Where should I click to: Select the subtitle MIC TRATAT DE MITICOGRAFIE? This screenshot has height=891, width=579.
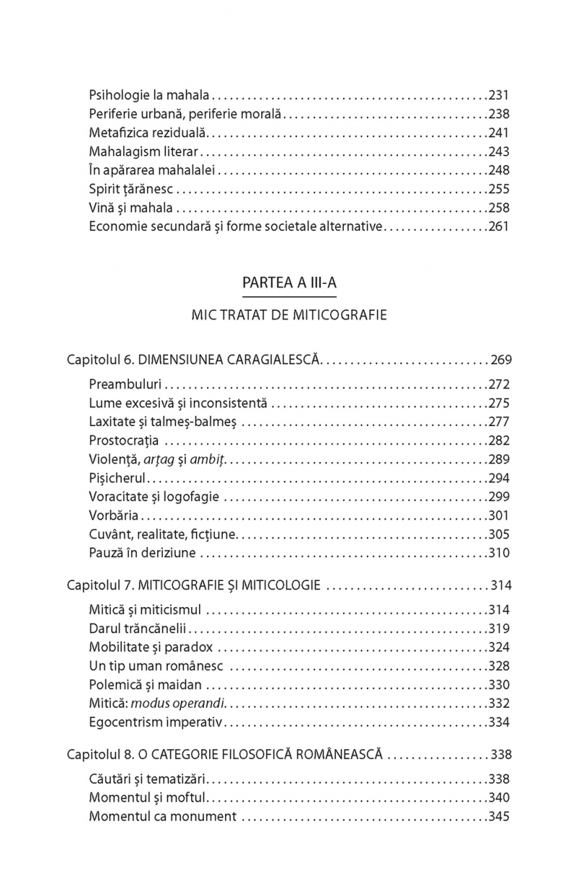point(289,316)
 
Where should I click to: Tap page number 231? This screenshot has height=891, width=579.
point(499,95)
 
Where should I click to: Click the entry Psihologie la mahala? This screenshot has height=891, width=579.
point(149,95)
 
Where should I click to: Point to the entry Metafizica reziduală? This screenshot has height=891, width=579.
point(148,133)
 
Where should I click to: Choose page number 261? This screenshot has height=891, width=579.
point(499,227)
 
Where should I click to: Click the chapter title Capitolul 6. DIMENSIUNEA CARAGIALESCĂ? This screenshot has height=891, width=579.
point(193,359)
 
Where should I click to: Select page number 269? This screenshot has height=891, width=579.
point(501,359)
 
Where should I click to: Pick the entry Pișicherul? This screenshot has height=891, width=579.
point(118,478)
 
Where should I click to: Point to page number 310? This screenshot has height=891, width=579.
point(499,553)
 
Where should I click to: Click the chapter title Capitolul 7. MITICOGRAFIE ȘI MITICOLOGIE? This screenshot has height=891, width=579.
point(194,584)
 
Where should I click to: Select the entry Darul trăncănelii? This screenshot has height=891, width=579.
point(140,628)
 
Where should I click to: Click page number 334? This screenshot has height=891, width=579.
point(499,722)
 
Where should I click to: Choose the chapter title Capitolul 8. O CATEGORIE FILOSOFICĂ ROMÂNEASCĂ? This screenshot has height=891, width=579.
point(225,754)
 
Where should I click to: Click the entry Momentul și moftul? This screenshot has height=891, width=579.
point(148,798)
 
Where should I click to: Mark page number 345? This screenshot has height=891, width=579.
point(499,816)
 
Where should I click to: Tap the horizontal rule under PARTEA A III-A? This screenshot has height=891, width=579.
point(289,296)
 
